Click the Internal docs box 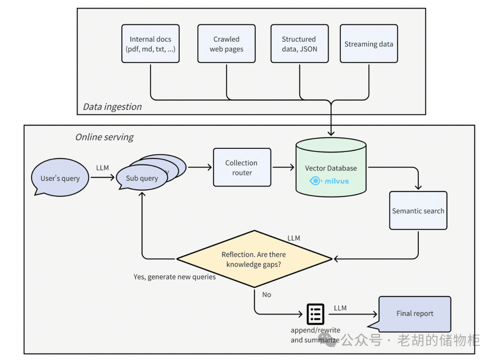[150, 44]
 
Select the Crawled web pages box [226, 44]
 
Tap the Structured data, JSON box [299, 44]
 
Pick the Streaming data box [369, 44]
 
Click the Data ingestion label [112, 107]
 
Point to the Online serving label [104, 137]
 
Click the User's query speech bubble [60, 178]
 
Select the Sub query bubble [141, 178]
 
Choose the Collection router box [242, 168]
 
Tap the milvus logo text [337, 181]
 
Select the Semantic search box [418, 211]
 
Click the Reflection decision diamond [254, 259]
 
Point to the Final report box [415, 314]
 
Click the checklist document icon [315, 314]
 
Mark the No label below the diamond [267, 294]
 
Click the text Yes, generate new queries [175, 277]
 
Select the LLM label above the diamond [293, 238]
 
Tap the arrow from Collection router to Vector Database [283, 168]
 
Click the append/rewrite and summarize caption [316, 335]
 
